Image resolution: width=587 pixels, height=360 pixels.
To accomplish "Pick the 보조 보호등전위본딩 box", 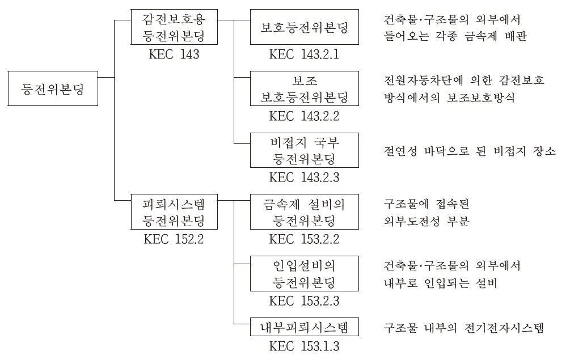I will coord(305,88).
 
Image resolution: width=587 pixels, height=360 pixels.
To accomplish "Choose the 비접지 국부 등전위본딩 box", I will coord(305,150).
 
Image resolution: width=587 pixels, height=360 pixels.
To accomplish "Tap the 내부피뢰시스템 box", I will coord(305,327).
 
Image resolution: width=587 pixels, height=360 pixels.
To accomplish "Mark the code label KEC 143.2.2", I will coord(305,116).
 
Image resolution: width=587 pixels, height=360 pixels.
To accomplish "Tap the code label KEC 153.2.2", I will coord(305,239).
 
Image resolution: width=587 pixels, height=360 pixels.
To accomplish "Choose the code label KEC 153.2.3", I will coord(305,300).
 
